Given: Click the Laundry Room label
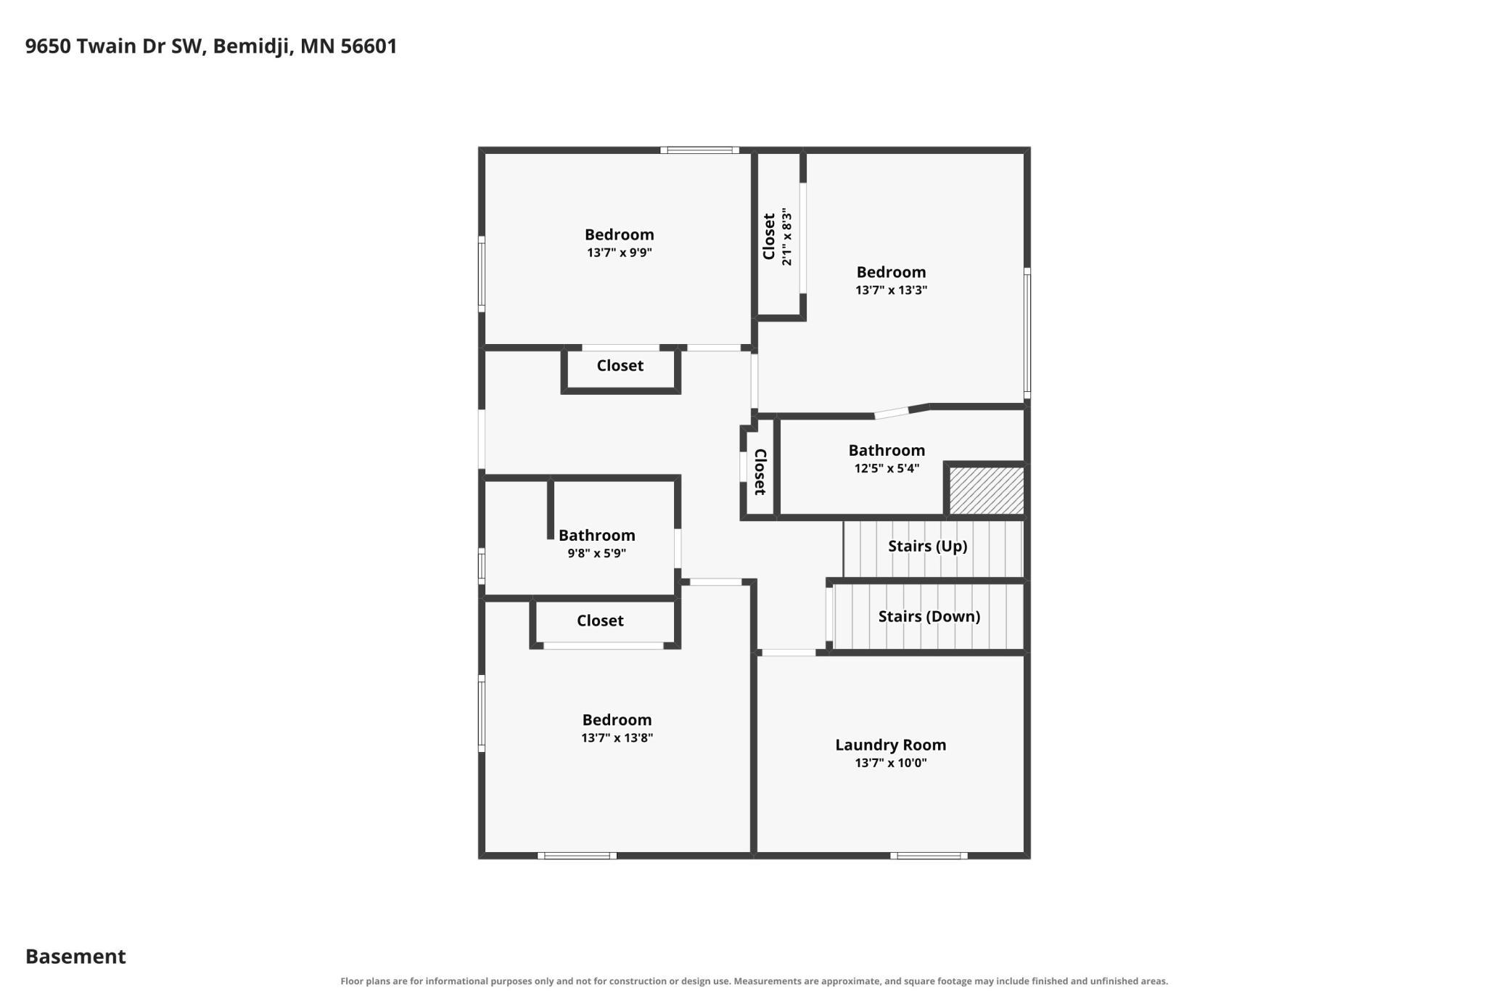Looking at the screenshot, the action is [890, 745].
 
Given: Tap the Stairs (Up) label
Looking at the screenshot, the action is [928, 546].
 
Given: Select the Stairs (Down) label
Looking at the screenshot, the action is [929, 616].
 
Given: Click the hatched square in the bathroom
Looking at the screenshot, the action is [987, 491].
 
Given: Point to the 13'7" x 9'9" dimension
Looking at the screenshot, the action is [620, 253].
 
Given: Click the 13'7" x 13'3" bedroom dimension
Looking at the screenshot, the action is [891, 290].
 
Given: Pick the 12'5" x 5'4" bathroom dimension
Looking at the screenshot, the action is [887, 468].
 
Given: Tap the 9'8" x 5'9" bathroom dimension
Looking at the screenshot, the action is [596, 553].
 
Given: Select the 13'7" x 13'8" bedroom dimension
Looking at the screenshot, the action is [617, 738].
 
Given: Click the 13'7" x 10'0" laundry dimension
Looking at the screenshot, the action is [891, 763].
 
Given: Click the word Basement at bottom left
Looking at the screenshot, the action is [75, 957].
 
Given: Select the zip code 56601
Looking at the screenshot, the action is [369, 46].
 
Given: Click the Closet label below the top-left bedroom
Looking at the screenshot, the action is [620, 366].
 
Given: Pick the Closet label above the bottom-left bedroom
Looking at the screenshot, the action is [600, 621].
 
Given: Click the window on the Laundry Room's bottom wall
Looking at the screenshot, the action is [929, 856].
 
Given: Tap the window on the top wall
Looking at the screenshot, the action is [699, 150].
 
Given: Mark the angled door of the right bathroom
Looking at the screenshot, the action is [892, 413].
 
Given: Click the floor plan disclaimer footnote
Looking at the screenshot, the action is [754, 981].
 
